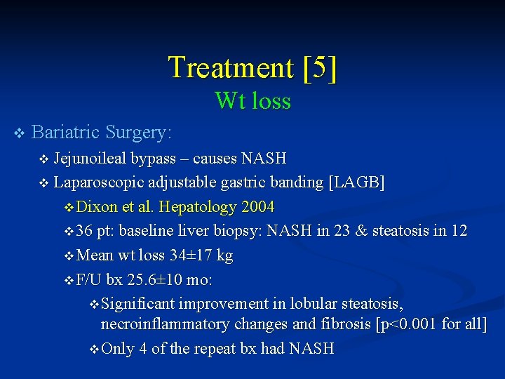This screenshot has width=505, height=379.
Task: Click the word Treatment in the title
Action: (x=230, y=68)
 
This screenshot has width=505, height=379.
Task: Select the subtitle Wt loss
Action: (x=252, y=101)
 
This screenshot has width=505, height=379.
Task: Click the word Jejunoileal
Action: (x=92, y=159)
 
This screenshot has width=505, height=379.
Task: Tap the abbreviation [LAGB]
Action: (x=356, y=182)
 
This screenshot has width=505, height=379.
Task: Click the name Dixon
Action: (x=97, y=207)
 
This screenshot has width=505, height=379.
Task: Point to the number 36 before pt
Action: (x=85, y=231)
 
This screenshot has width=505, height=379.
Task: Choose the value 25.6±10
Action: (x=155, y=279)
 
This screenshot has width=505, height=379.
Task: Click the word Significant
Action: (x=137, y=304)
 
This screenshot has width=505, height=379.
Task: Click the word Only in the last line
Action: (x=117, y=348)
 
